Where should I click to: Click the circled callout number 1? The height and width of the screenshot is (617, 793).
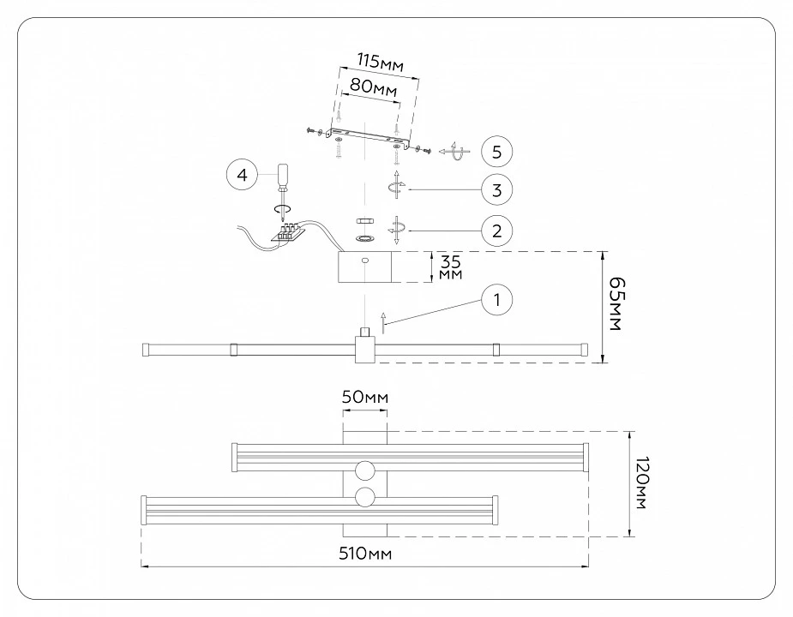pyautogui.click(x=496, y=300)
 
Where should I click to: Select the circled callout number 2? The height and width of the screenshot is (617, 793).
pyautogui.click(x=496, y=231)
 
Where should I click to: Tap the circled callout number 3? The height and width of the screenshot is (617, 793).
pyautogui.click(x=496, y=189)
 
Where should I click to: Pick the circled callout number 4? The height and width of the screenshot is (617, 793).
pyautogui.click(x=243, y=175)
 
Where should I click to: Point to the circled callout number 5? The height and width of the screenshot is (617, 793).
pyautogui.click(x=496, y=151)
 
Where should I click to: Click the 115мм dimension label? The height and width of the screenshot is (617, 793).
pyautogui.click(x=381, y=63)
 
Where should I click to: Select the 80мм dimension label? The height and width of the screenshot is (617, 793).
pyautogui.click(x=373, y=87)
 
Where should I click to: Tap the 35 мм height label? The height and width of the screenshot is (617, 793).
pyautogui.click(x=450, y=267)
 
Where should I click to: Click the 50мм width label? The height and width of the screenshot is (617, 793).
pyautogui.click(x=364, y=397)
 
